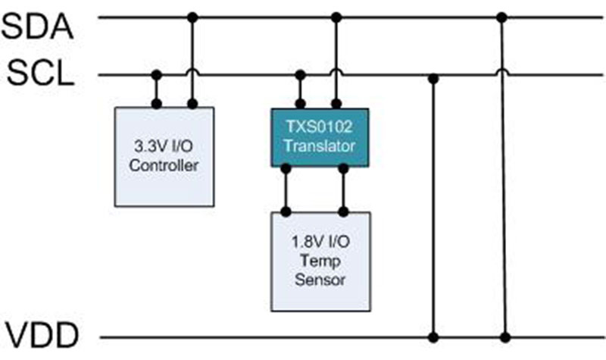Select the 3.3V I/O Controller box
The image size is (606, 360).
164,156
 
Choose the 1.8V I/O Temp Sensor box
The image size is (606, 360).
320,260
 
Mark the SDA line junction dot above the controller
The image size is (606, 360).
192,17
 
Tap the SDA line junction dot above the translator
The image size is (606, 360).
336,17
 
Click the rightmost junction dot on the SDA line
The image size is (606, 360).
499,17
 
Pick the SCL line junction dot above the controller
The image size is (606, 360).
157,75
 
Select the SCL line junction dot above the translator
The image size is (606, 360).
301,75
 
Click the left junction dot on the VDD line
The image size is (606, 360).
433,337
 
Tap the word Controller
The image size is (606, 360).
164,164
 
